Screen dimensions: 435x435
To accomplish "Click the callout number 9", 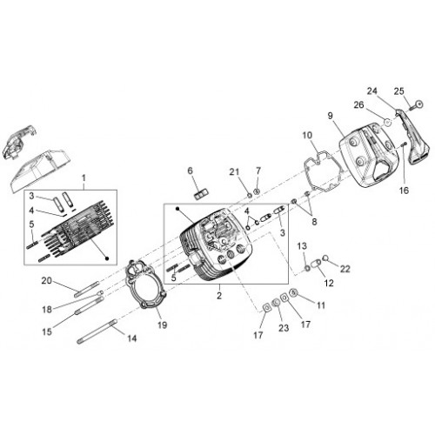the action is tap(331, 116).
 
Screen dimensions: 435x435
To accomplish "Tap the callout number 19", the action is tap(163, 325).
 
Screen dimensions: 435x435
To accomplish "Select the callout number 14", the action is tap(132, 338).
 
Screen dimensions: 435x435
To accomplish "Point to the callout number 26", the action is tap(358, 104).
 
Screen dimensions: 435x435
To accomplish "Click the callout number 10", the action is tap(307, 135).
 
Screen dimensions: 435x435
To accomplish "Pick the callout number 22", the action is tap(345, 269).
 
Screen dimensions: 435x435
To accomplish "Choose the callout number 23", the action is tap(284, 328).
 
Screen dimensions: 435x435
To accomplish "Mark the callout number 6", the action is tap(191, 171).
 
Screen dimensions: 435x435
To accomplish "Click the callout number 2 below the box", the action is tap(219, 296).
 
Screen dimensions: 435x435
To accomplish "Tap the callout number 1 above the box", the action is tap(84, 177).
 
